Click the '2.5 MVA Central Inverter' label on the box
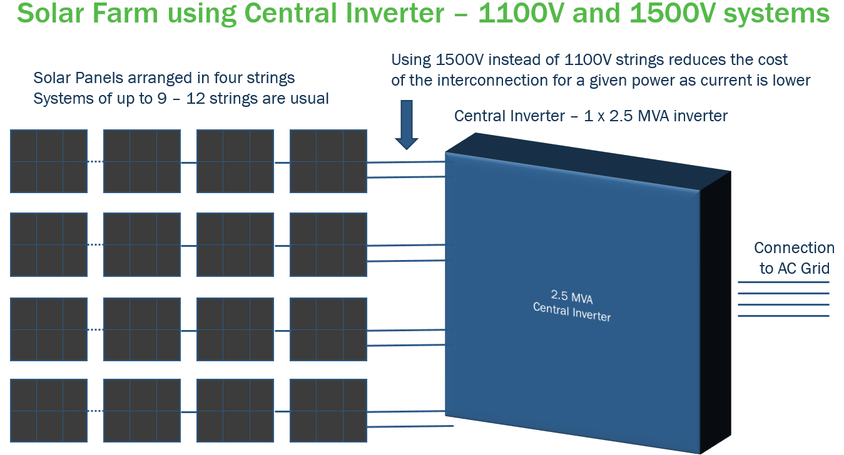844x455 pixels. coord(571,305)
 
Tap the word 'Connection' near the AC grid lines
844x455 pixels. coord(794,248)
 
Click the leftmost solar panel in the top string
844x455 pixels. coord(49,161)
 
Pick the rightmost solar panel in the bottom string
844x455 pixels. coord(328,411)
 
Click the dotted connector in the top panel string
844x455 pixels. coord(95,162)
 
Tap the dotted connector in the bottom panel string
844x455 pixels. coord(95,411)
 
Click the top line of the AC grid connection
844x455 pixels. coord(783,282)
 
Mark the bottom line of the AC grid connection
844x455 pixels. coord(783,316)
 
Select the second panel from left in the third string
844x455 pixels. coord(142,329)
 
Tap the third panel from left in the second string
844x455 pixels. coord(235,244)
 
